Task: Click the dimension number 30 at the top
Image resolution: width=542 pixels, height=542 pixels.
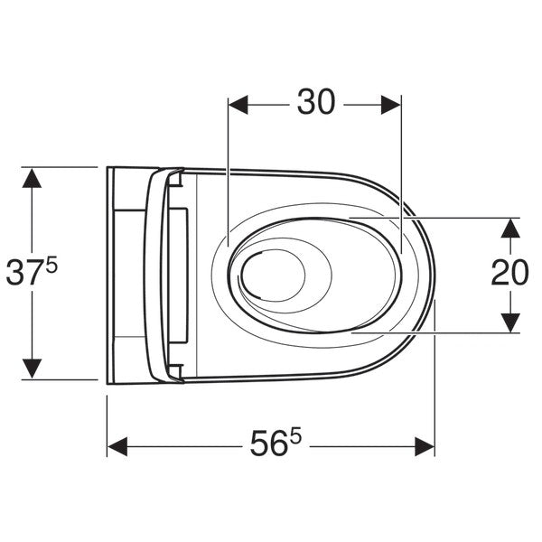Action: (x=316, y=102)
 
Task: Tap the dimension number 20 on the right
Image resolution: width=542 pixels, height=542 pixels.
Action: (x=509, y=273)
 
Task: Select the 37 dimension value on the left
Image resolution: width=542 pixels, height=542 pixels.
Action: (x=25, y=273)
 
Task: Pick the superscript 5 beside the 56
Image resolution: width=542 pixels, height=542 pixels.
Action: (x=296, y=436)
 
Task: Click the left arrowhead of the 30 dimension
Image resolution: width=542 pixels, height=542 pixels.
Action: (x=238, y=105)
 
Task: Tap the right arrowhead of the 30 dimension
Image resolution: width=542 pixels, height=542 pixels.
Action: (x=391, y=105)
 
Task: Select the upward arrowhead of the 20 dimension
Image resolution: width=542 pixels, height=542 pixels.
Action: (x=510, y=229)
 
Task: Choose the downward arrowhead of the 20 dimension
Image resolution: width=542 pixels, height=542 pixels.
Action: (x=510, y=323)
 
